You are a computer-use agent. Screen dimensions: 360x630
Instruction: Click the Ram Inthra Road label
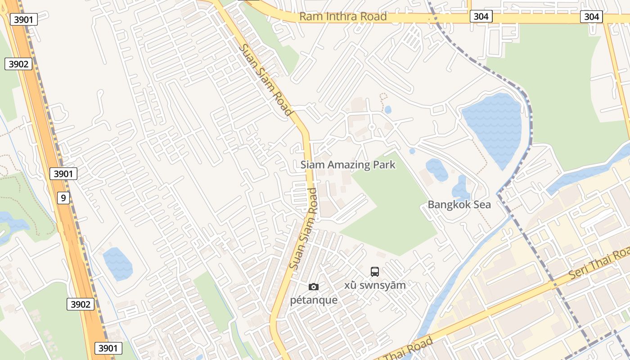click(x=343, y=17)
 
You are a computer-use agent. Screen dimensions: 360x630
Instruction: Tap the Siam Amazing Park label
click(x=348, y=165)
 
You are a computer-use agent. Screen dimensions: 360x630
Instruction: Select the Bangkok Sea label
click(x=459, y=205)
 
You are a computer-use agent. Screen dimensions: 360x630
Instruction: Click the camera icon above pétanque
click(x=314, y=287)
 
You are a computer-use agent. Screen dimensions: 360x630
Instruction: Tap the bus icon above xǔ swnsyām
click(x=375, y=271)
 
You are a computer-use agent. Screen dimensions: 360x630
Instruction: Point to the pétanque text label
click(x=314, y=300)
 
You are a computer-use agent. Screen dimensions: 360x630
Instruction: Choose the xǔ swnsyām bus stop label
click(x=375, y=285)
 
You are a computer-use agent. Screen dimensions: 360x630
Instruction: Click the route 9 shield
click(x=63, y=197)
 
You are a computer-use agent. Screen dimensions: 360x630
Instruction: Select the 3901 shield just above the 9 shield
click(x=63, y=174)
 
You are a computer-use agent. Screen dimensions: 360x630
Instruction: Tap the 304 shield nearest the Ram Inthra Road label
click(x=481, y=17)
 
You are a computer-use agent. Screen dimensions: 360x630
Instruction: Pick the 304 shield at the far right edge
click(x=591, y=17)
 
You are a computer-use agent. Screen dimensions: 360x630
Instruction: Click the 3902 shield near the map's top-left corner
click(x=18, y=64)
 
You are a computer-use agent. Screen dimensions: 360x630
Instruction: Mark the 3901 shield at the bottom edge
click(x=108, y=348)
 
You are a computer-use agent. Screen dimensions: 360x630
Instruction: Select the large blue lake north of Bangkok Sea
click(x=493, y=128)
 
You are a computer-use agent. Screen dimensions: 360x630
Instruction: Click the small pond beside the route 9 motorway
click(x=117, y=264)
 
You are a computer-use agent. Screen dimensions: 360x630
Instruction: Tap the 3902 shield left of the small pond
click(x=81, y=304)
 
